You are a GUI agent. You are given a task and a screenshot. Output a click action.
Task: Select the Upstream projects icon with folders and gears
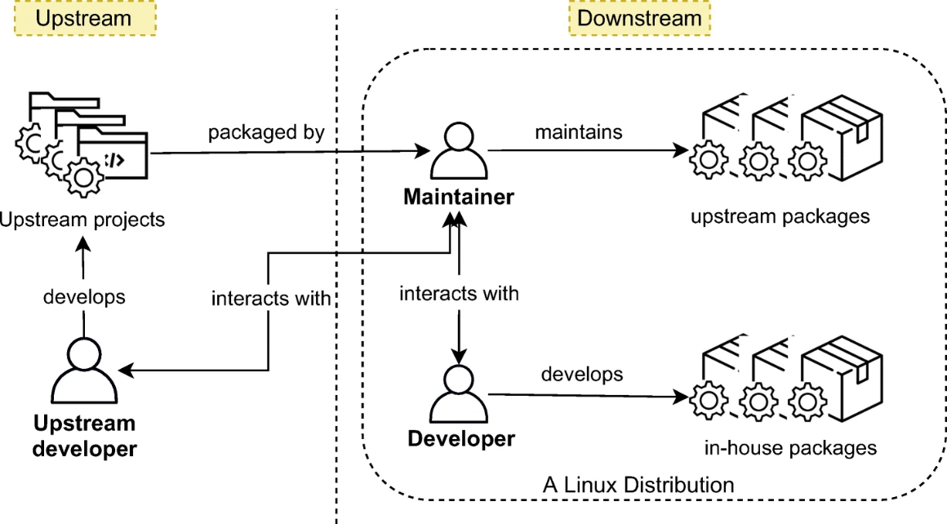[81, 143]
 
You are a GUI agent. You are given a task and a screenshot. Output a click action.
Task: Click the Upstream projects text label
[82, 219]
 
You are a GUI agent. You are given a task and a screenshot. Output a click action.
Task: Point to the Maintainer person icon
[459, 153]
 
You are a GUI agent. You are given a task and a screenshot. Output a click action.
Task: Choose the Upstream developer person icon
[84, 371]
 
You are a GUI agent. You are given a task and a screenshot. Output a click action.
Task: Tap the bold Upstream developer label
[84, 436]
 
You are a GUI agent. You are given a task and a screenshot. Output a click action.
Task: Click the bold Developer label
[461, 438]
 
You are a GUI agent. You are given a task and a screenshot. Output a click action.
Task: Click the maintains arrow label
[578, 131]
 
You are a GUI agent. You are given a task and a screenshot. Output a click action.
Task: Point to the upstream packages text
[780, 216]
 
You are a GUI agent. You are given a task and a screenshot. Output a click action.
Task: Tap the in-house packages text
[789, 447]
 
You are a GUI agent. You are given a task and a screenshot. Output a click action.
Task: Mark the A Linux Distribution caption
[638, 484]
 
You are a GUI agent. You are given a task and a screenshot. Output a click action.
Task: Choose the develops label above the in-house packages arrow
[582, 374]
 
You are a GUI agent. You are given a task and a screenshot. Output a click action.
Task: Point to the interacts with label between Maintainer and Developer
[459, 293]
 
